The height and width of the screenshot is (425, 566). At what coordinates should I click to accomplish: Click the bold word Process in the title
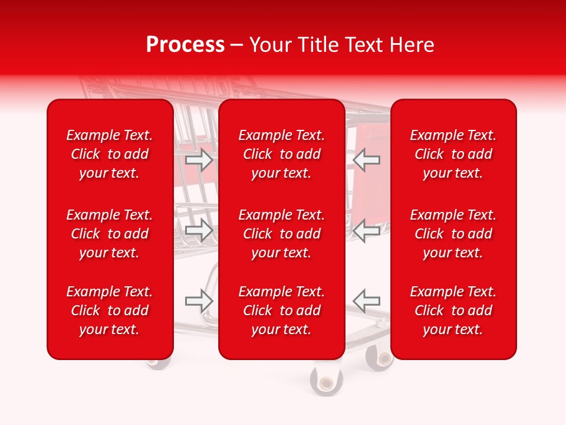(185, 45)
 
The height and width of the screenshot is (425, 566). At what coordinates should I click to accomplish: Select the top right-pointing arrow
(199, 160)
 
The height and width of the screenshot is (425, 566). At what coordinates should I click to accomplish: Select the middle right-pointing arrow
(199, 230)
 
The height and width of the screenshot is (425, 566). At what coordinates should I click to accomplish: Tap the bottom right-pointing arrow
(199, 301)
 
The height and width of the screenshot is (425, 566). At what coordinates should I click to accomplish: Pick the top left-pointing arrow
(366, 160)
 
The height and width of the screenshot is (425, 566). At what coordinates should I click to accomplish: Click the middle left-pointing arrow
(366, 230)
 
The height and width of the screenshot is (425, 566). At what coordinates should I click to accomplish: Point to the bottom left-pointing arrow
(366, 301)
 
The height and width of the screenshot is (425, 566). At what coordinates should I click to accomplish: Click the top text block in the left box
(110, 154)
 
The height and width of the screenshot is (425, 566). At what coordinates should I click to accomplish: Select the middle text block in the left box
(110, 234)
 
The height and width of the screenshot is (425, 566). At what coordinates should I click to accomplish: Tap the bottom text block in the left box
(110, 310)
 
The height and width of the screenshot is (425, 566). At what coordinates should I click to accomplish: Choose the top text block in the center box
(282, 154)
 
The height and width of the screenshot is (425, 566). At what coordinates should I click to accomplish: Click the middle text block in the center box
(282, 234)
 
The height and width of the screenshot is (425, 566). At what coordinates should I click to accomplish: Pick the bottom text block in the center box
(282, 310)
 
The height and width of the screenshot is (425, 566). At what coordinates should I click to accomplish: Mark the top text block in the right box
(453, 154)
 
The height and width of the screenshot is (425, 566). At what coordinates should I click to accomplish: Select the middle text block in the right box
(453, 234)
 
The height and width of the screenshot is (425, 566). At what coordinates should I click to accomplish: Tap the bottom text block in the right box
(453, 310)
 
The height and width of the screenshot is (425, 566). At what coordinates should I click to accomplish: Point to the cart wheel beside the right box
(379, 358)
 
